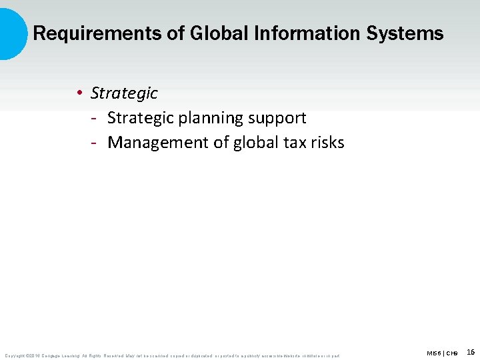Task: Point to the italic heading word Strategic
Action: [x=124, y=93]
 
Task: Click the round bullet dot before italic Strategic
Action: [x=79, y=93]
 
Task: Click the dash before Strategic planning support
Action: [x=95, y=119]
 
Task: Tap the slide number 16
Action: [x=471, y=352]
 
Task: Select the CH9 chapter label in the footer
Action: [x=451, y=353]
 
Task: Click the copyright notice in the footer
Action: [x=172, y=355]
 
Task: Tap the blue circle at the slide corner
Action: [x=9, y=33]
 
